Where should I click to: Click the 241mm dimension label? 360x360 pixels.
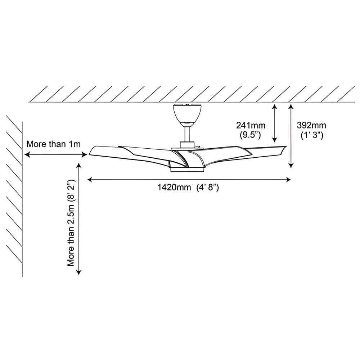click(251, 125)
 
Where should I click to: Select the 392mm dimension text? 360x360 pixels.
click(311, 125)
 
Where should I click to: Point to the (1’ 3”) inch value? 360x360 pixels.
click(312, 135)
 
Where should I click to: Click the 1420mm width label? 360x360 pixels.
click(174, 187)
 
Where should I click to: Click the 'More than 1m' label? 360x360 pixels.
click(54, 144)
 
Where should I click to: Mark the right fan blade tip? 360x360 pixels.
click(285, 147)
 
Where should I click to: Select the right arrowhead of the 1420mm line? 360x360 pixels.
click(288, 180)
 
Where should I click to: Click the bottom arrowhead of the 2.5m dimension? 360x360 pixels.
click(79, 273)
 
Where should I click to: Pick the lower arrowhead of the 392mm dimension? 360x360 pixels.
click(291, 166)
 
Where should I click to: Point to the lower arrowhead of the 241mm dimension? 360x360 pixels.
click(275, 140)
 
